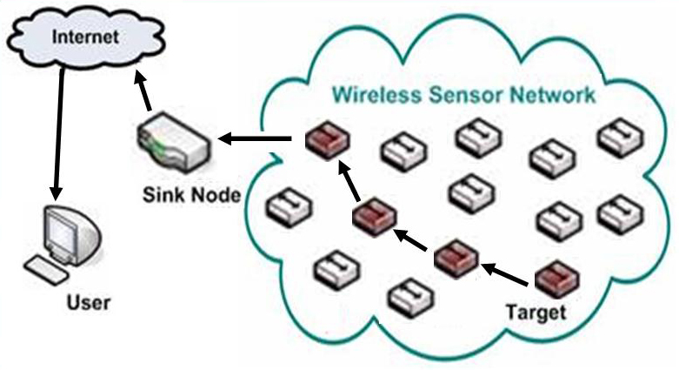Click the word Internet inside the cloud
pyautogui.click(x=85, y=37)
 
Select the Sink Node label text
pyautogui.click(x=191, y=195)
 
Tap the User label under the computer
pyautogui.click(x=89, y=302)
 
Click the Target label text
pyautogui.click(x=536, y=313)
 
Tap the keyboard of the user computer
pyautogui.click(x=46, y=270)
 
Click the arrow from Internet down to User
pyautogui.click(x=59, y=133)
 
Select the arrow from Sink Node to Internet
pyautogui.click(x=143, y=91)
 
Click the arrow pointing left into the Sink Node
pyautogui.click(x=255, y=139)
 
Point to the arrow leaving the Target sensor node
pyautogui.click(x=504, y=274)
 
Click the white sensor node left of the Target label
pyautogui.click(x=411, y=298)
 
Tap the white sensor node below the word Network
pyautogui.click(x=553, y=158)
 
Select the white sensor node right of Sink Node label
pyautogui.click(x=289, y=208)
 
